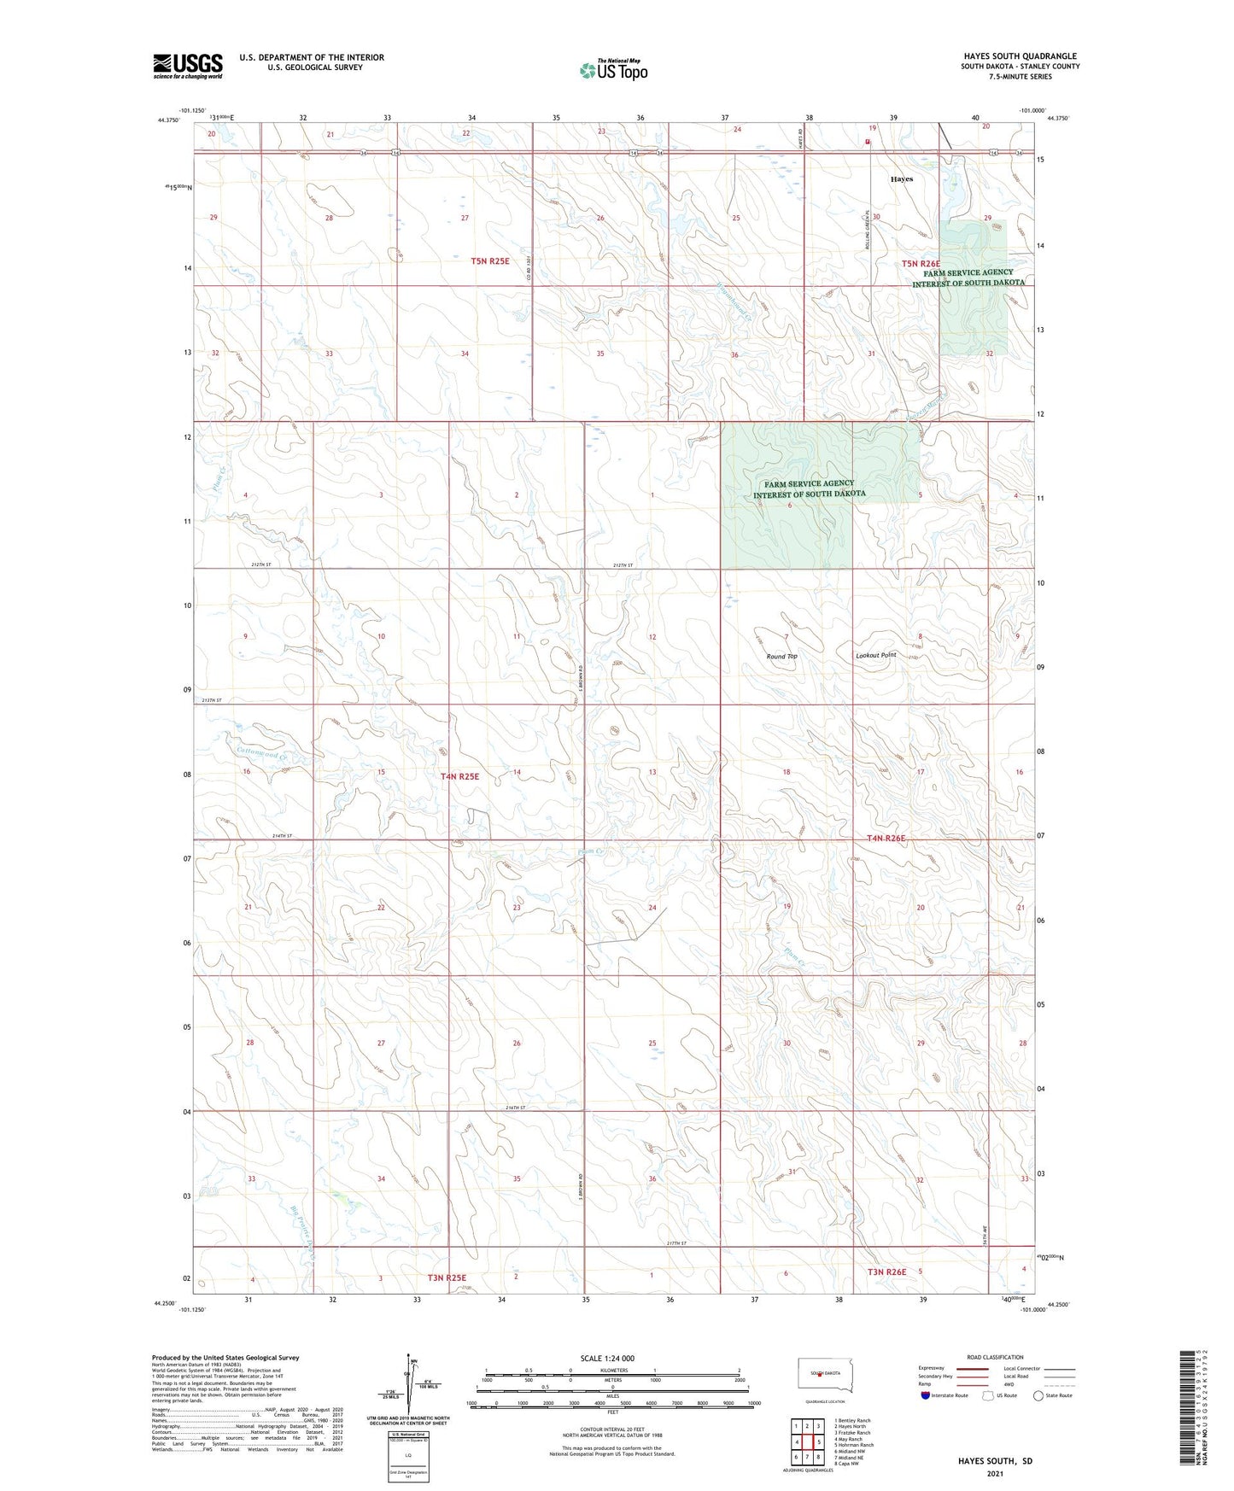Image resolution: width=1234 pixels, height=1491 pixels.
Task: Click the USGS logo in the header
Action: point(188,66)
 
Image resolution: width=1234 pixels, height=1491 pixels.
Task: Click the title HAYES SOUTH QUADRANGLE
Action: point(1020,56)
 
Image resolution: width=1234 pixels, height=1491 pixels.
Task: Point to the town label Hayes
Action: point(901,179)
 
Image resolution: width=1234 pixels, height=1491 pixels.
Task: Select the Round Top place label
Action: point(781,656)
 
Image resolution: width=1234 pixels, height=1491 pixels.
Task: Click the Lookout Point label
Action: point(876,655)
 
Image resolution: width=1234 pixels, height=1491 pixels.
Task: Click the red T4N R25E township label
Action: point(459,776)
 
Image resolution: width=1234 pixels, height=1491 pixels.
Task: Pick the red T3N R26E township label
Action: point(886,1272)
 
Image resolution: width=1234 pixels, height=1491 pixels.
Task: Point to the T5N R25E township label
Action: point(489,260)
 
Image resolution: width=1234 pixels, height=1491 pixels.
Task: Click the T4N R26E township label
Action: point(886,838)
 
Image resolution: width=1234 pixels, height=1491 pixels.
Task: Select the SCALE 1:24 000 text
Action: point(606,1358)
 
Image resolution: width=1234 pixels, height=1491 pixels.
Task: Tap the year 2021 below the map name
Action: point(994,1473)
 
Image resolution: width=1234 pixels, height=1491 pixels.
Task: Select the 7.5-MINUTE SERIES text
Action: point(1020,77)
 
